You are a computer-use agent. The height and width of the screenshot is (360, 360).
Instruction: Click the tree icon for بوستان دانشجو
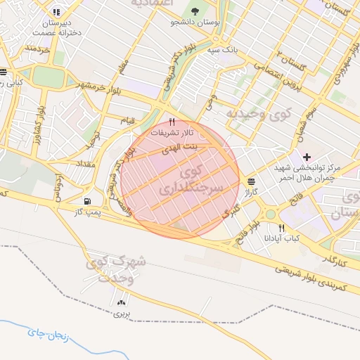195,11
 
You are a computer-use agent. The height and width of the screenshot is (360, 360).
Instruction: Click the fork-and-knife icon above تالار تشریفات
172,122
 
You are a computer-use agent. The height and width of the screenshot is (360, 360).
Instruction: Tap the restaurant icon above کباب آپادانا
282,228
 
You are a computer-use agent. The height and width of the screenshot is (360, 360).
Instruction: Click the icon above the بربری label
122,303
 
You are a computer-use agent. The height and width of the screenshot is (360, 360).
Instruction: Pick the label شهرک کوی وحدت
117,269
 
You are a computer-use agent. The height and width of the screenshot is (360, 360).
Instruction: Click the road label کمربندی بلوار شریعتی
309,276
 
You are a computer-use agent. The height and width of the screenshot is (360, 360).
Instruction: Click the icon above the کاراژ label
251,181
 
